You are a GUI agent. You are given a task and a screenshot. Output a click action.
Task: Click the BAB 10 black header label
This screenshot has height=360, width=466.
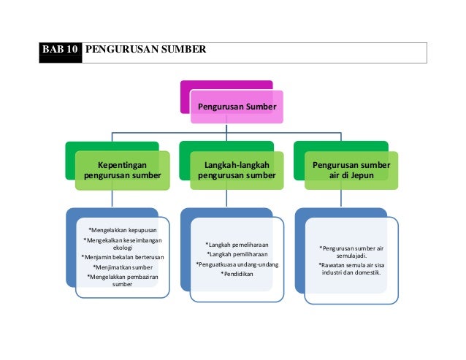coord(62,50)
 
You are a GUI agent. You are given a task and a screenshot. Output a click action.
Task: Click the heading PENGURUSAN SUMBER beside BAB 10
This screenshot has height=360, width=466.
coord(146,50)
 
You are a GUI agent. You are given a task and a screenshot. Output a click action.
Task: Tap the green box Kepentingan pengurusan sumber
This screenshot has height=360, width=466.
coord(123,171)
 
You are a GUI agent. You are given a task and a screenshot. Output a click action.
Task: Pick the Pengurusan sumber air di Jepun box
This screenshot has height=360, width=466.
coord(351,171)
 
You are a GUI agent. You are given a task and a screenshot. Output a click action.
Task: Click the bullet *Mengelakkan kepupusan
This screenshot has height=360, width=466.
coord(123,229)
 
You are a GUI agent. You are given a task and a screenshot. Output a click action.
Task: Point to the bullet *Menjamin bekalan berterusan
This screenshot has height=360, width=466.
coord(123,258)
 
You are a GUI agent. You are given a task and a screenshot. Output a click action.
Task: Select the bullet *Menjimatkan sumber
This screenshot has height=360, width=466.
coord(123,267)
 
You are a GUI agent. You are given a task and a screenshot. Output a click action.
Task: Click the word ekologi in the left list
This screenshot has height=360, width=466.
coord(123,248)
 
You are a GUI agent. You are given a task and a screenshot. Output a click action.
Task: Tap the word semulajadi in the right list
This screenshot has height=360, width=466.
coord(351,256)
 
